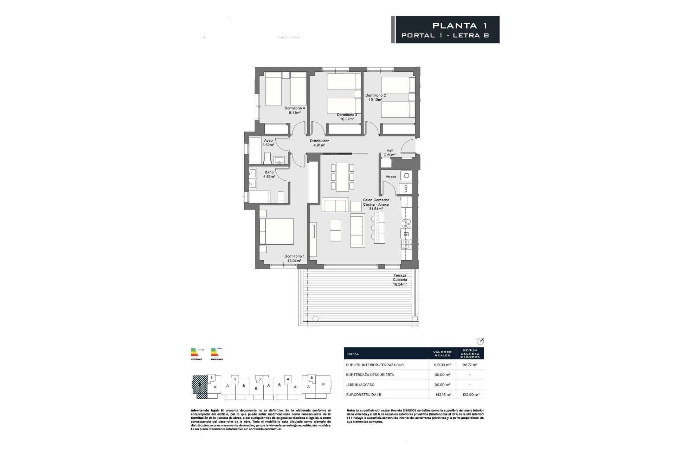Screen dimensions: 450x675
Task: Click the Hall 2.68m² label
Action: [x=390, y=153]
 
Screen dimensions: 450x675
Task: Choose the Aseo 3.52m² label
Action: [x=268, y=142]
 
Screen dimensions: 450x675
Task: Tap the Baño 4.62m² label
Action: [x=269, y=174]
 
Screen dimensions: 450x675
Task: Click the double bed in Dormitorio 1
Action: [x=276, y=231]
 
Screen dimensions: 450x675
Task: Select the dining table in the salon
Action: [x=342, y=176]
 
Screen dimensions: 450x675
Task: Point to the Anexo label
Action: [x=391, y=177]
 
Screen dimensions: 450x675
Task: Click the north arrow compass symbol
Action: [x=480, y=341]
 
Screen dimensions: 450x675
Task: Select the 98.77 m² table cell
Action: [x=470, y=365]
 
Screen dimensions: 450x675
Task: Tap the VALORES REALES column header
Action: [x=442, y=353]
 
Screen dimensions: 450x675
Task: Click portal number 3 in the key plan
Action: [x=259, y=379]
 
